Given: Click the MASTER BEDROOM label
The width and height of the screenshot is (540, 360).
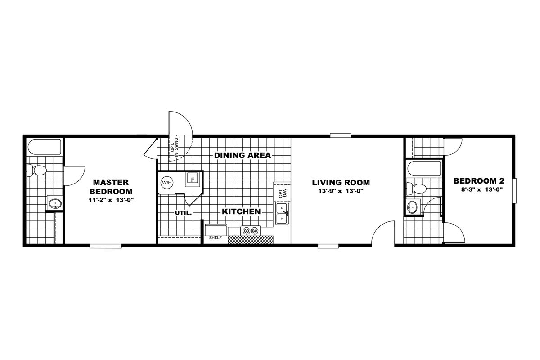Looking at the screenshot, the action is pos(111,187).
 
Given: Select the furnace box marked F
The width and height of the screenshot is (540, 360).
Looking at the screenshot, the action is pos(193,180).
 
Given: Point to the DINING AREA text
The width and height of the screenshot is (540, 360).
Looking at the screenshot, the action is pos(243,155).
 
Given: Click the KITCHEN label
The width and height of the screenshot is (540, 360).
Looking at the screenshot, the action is pos(241,211).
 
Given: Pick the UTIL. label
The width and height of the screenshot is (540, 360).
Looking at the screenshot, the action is pos(183,213).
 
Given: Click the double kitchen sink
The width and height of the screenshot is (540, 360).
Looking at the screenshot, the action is pos(282,213).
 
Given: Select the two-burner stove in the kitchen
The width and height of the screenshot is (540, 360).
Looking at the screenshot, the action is pos(251,231).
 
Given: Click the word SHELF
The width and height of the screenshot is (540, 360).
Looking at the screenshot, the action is pos(215,238).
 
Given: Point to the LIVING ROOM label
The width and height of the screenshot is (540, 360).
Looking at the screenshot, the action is pos(341,183).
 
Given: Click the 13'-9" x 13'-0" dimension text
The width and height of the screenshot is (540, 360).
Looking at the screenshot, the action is pos(341,191).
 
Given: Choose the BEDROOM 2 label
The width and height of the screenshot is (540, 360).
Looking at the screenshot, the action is pos(479,180).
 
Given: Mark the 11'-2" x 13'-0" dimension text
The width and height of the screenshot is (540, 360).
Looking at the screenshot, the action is pos(111,200).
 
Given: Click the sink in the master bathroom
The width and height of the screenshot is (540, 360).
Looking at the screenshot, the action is pos(55,203).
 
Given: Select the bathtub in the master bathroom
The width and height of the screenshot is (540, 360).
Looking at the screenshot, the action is pos(45,147).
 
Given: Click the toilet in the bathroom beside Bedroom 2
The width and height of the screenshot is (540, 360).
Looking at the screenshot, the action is pos(416,189).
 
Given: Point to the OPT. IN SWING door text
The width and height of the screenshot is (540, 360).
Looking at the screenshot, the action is pos(175,148).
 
